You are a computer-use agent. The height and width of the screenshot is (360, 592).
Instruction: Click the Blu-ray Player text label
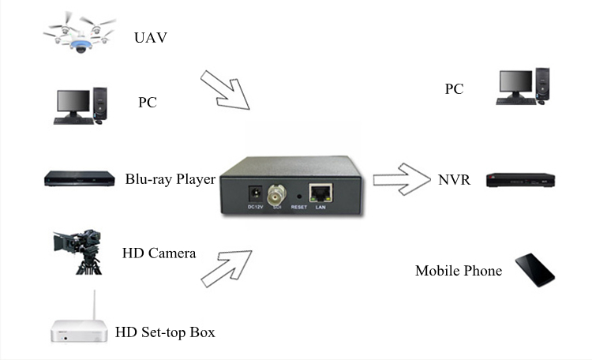point(170,179)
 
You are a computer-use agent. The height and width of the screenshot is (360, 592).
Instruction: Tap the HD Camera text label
point(159,253)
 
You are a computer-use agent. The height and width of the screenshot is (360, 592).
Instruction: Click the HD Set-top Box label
point(165,332)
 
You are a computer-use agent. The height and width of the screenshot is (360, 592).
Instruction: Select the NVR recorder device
point(521,180)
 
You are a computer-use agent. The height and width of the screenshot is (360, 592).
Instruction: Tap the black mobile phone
point(535,269)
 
